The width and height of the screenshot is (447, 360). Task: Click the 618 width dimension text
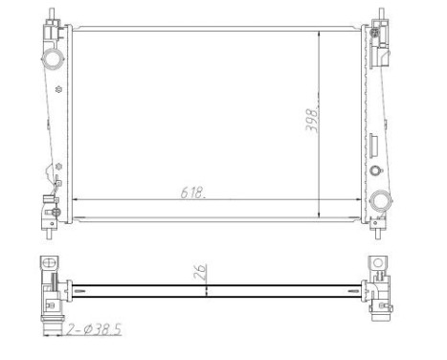[191, 191]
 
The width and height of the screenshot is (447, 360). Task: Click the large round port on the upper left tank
[51, 60]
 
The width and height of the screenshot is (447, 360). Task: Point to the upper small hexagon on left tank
[60, 91]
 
